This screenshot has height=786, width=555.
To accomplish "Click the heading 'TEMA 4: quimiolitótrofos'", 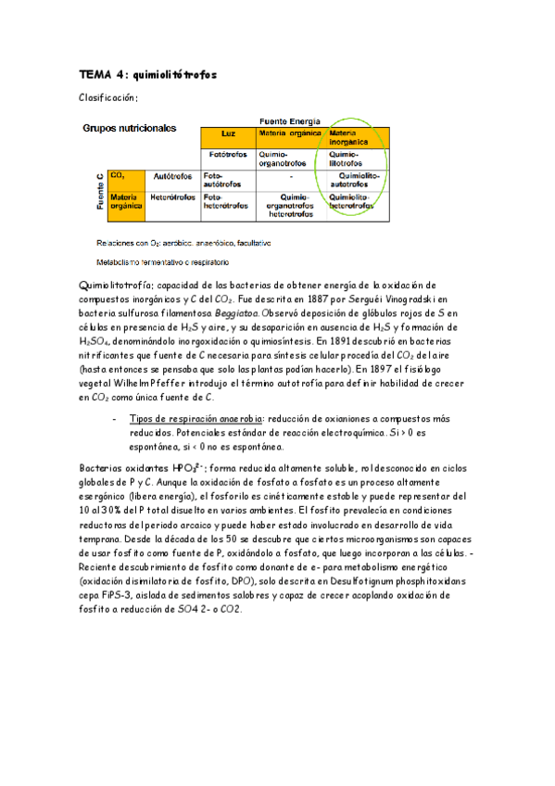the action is (148, 75).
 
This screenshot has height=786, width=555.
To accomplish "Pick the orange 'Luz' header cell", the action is (228, 133).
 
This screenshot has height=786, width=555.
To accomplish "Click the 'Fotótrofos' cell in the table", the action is (228, 155).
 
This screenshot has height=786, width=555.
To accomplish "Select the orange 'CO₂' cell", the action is (126, 175).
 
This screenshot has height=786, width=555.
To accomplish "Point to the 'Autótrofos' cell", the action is (172, 175).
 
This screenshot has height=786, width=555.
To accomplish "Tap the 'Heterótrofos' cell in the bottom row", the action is (172, 197).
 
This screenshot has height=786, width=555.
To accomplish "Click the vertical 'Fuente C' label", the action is (98, 190).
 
